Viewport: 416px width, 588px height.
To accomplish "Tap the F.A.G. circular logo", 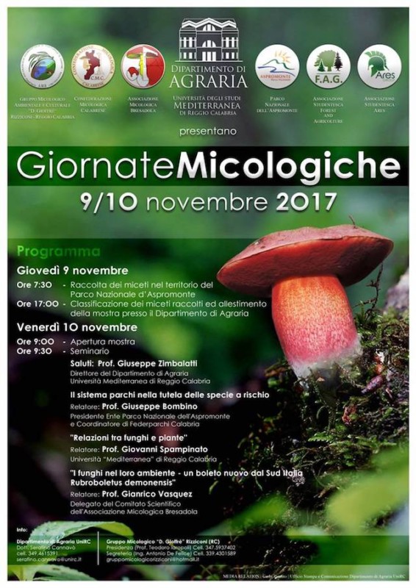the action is tap(329, 66).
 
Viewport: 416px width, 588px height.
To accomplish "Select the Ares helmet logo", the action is tap(379, 66).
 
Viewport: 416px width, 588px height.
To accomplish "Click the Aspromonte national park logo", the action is tap(277, 66).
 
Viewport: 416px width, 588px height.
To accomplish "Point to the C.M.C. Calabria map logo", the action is tap(93, 66).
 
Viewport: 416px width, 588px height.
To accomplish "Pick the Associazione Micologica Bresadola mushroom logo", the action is tap(143, 66).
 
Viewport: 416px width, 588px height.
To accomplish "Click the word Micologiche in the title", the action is tap(289, 166).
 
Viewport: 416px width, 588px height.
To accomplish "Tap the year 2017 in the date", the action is tap(304, 201).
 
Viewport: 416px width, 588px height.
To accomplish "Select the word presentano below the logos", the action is tap(208, 132).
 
